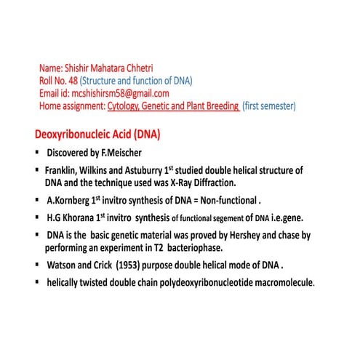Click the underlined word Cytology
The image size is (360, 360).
(x=127, y=106)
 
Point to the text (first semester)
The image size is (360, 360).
(x=269, y=106)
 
